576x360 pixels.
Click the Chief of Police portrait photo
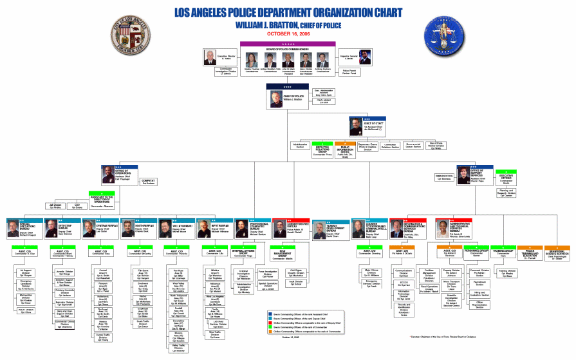[x=274, y=97]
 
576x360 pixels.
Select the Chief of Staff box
[x=366, y=126]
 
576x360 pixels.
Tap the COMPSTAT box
[x=149, y=182]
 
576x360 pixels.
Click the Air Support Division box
[x=26, y=272]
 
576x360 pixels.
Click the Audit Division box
[x=297, y=281]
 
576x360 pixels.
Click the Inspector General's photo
[x=365, y=57]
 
